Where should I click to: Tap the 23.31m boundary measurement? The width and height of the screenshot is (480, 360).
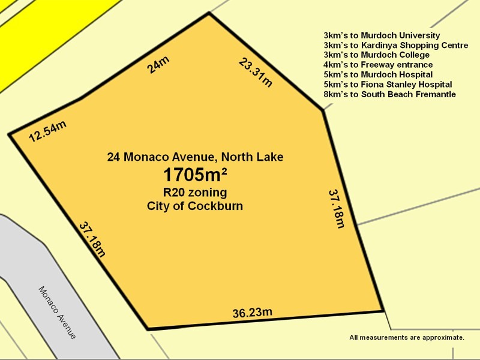pyautogui.click(x=255, y=72)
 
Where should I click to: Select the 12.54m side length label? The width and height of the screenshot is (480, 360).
pyautogui.click(x=47, y=131)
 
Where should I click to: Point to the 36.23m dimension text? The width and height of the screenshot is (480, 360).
pyautogui.click(x=253, y=313)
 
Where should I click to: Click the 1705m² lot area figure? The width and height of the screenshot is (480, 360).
pyautogui.click(x=195, y=175)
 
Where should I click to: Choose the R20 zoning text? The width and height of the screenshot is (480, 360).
pyautogui.click(x=195, y=193)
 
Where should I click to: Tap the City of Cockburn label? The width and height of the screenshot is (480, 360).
pyautogui.click(x=195, y=206)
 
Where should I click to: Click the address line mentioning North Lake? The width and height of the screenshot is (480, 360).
pyautogui.click(x=195, y=157)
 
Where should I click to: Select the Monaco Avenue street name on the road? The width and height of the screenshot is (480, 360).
pyautogui.click(x=58, y=312)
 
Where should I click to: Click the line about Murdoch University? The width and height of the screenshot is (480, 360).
pyautogui.click(x=382, y=35)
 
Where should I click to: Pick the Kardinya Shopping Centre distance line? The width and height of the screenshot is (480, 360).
pyautogui.click(x=395, y=45)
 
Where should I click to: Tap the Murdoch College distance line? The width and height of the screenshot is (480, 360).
pyautogui.click(x=376, y=55)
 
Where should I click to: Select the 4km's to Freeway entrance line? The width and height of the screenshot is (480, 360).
pyautogui.click(x=378, y=64)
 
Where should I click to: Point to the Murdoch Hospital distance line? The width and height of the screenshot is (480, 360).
pyautogui.click(x=378, y=74)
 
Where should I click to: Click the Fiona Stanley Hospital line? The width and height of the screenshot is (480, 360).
pyautogui.click(x=388, y=85)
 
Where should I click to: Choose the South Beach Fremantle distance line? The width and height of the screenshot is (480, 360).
pyautogui.click(x=389, y=94)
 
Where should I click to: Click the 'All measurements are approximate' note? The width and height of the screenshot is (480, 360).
pyautogui.click(x=407, y=337)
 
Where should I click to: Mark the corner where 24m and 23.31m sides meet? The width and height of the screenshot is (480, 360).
pyautogui.click(x=209, y=13)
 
